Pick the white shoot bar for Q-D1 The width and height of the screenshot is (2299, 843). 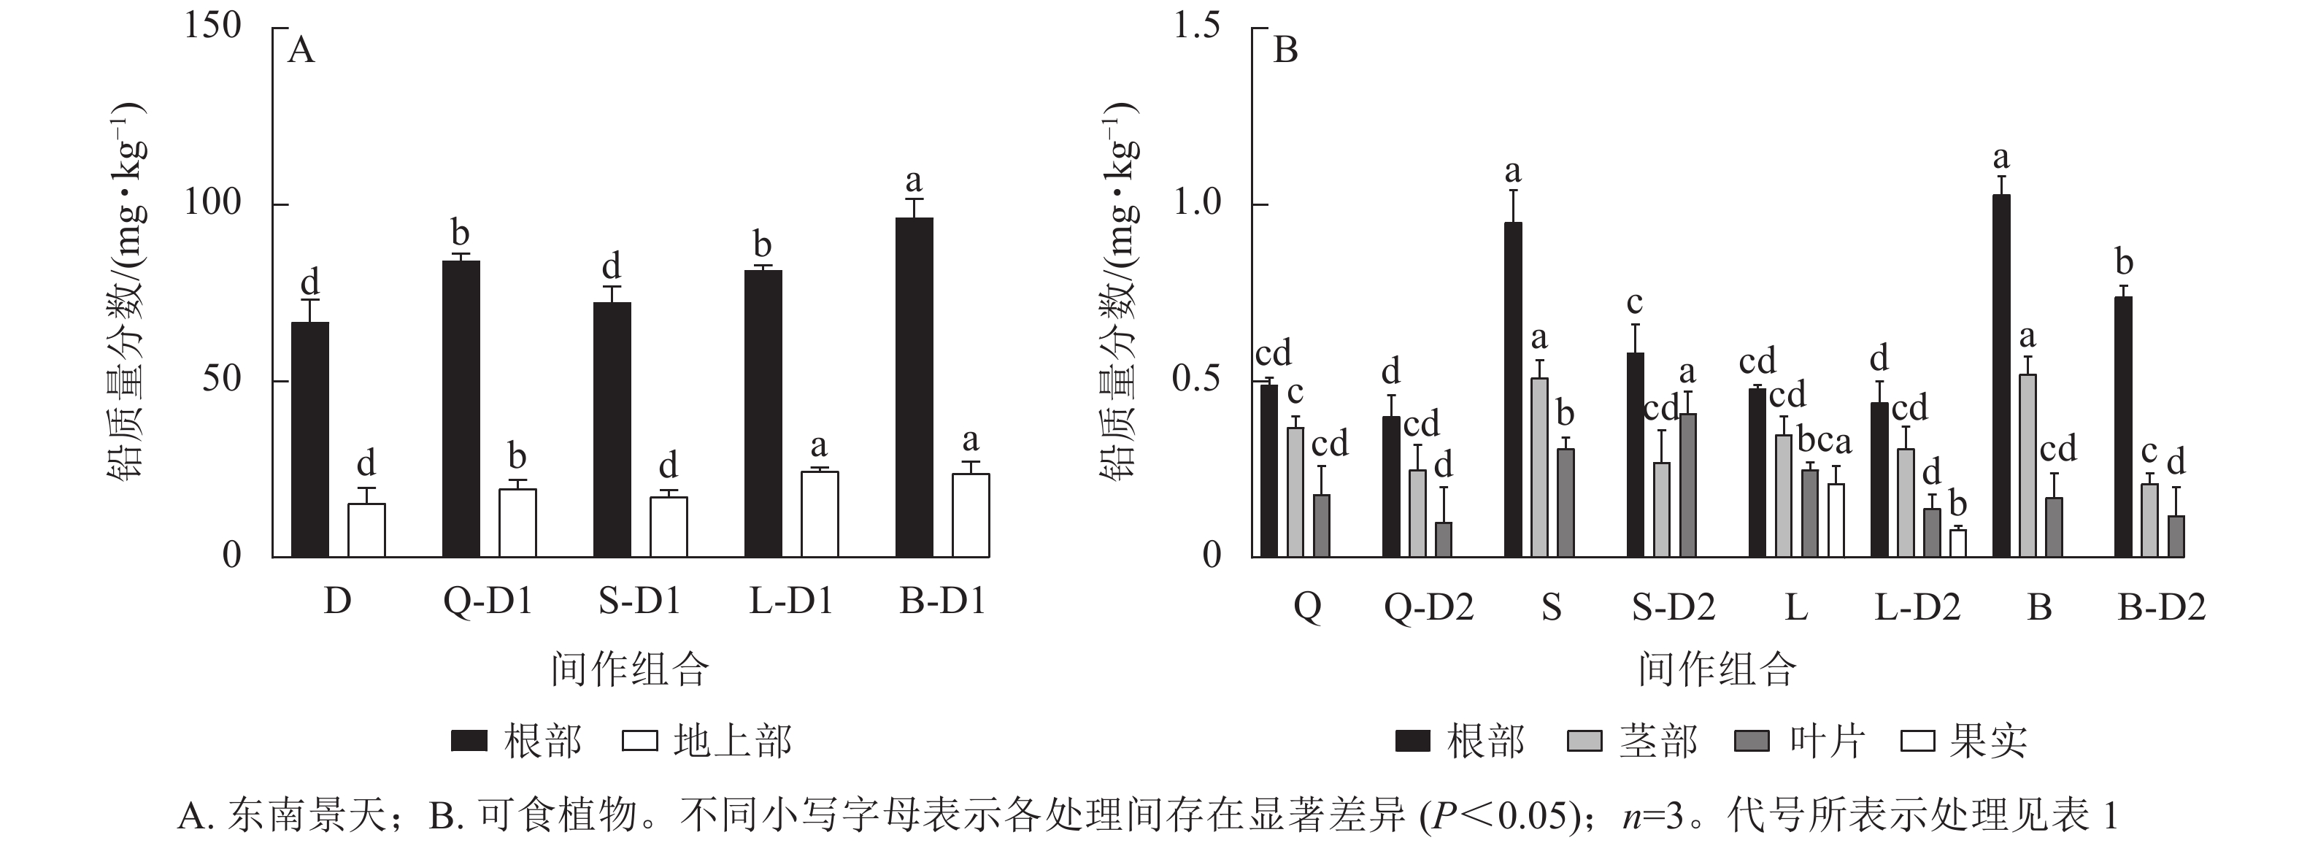(x=517, y=523)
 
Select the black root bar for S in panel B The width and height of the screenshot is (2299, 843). (x=1514, y=390)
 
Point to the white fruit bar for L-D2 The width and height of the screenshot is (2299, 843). (x=1958, y=543)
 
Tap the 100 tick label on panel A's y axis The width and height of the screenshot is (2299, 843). (x=212, y=204)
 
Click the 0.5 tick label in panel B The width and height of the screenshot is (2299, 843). (x=1196, y=379)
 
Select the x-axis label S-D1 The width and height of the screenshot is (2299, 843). (x=639, y=602)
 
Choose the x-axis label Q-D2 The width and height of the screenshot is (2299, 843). (x=1429, y=607)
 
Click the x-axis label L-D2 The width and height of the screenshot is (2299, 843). (x=1917, y=607)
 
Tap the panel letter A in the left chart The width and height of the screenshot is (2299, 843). (x=301, y=51)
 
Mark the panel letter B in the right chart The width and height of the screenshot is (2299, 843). (x=1285, y=51)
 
